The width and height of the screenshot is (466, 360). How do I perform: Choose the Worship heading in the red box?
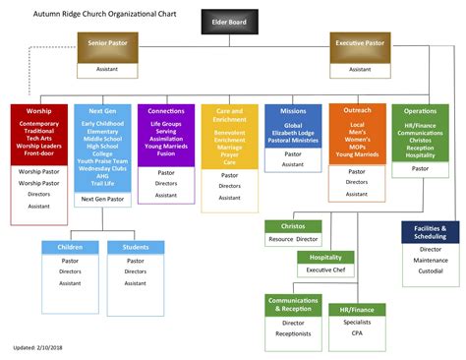point(39,111)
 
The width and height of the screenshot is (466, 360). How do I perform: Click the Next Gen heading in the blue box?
point(102,111)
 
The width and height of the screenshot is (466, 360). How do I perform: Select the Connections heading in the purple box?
point(166,111)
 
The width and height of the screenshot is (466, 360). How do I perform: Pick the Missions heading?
point(293,111)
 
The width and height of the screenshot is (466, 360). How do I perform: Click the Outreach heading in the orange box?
point(358,111)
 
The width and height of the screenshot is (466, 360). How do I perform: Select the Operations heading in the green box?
point(421,111)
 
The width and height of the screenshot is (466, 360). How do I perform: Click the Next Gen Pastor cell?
point(102,199)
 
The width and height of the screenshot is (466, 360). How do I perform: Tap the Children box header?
point(70,247)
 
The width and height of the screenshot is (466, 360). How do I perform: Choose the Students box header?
point(135,247)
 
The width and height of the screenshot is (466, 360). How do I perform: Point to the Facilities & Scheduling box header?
point(430,232)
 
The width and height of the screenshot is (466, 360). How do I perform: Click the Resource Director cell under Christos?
point(293,239)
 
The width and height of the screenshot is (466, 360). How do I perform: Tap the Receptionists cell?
point(293,333)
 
